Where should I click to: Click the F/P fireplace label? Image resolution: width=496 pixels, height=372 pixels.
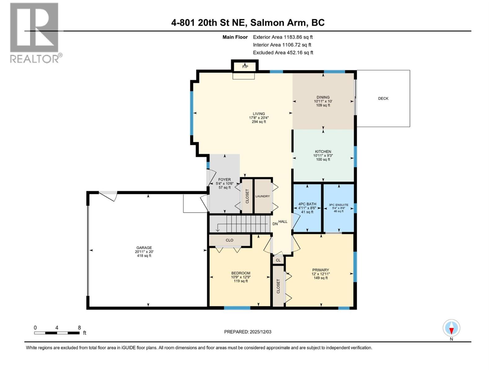click(245, 67)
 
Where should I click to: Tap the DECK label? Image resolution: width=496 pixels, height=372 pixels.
click(383, 98)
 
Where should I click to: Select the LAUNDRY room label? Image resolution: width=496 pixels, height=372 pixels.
click(263, 196)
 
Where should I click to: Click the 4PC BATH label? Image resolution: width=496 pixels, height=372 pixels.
click(307, 204)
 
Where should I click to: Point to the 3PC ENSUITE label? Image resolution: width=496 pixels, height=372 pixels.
click(339, 205)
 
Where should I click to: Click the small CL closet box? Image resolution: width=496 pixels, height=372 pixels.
click(278, 260)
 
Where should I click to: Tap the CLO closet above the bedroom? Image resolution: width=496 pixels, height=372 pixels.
click(229, 240)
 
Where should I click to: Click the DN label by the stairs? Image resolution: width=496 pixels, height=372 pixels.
click(275, 224)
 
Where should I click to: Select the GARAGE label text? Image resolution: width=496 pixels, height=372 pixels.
click(144, 248)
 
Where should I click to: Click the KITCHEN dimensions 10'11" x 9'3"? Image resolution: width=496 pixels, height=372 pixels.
click(323, 156)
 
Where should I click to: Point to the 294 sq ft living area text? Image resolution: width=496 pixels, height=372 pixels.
click(259, 122)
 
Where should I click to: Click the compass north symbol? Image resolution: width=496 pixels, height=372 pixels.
click(451, 328)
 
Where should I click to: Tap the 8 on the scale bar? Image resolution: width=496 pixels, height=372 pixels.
click(79, 328)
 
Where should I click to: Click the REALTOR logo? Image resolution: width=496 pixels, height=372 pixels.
click(35, 33)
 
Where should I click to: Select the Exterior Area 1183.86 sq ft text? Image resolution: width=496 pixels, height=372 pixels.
click(283, 37)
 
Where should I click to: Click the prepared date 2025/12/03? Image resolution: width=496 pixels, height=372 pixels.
click(260, 332)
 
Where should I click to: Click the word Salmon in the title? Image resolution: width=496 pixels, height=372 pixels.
click(267, 23)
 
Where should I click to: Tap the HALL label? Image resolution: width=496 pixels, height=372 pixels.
click(283, 222)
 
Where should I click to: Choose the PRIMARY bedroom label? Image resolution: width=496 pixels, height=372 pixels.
click(321, 270)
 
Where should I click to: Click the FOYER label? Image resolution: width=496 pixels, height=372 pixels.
click(224, 179)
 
